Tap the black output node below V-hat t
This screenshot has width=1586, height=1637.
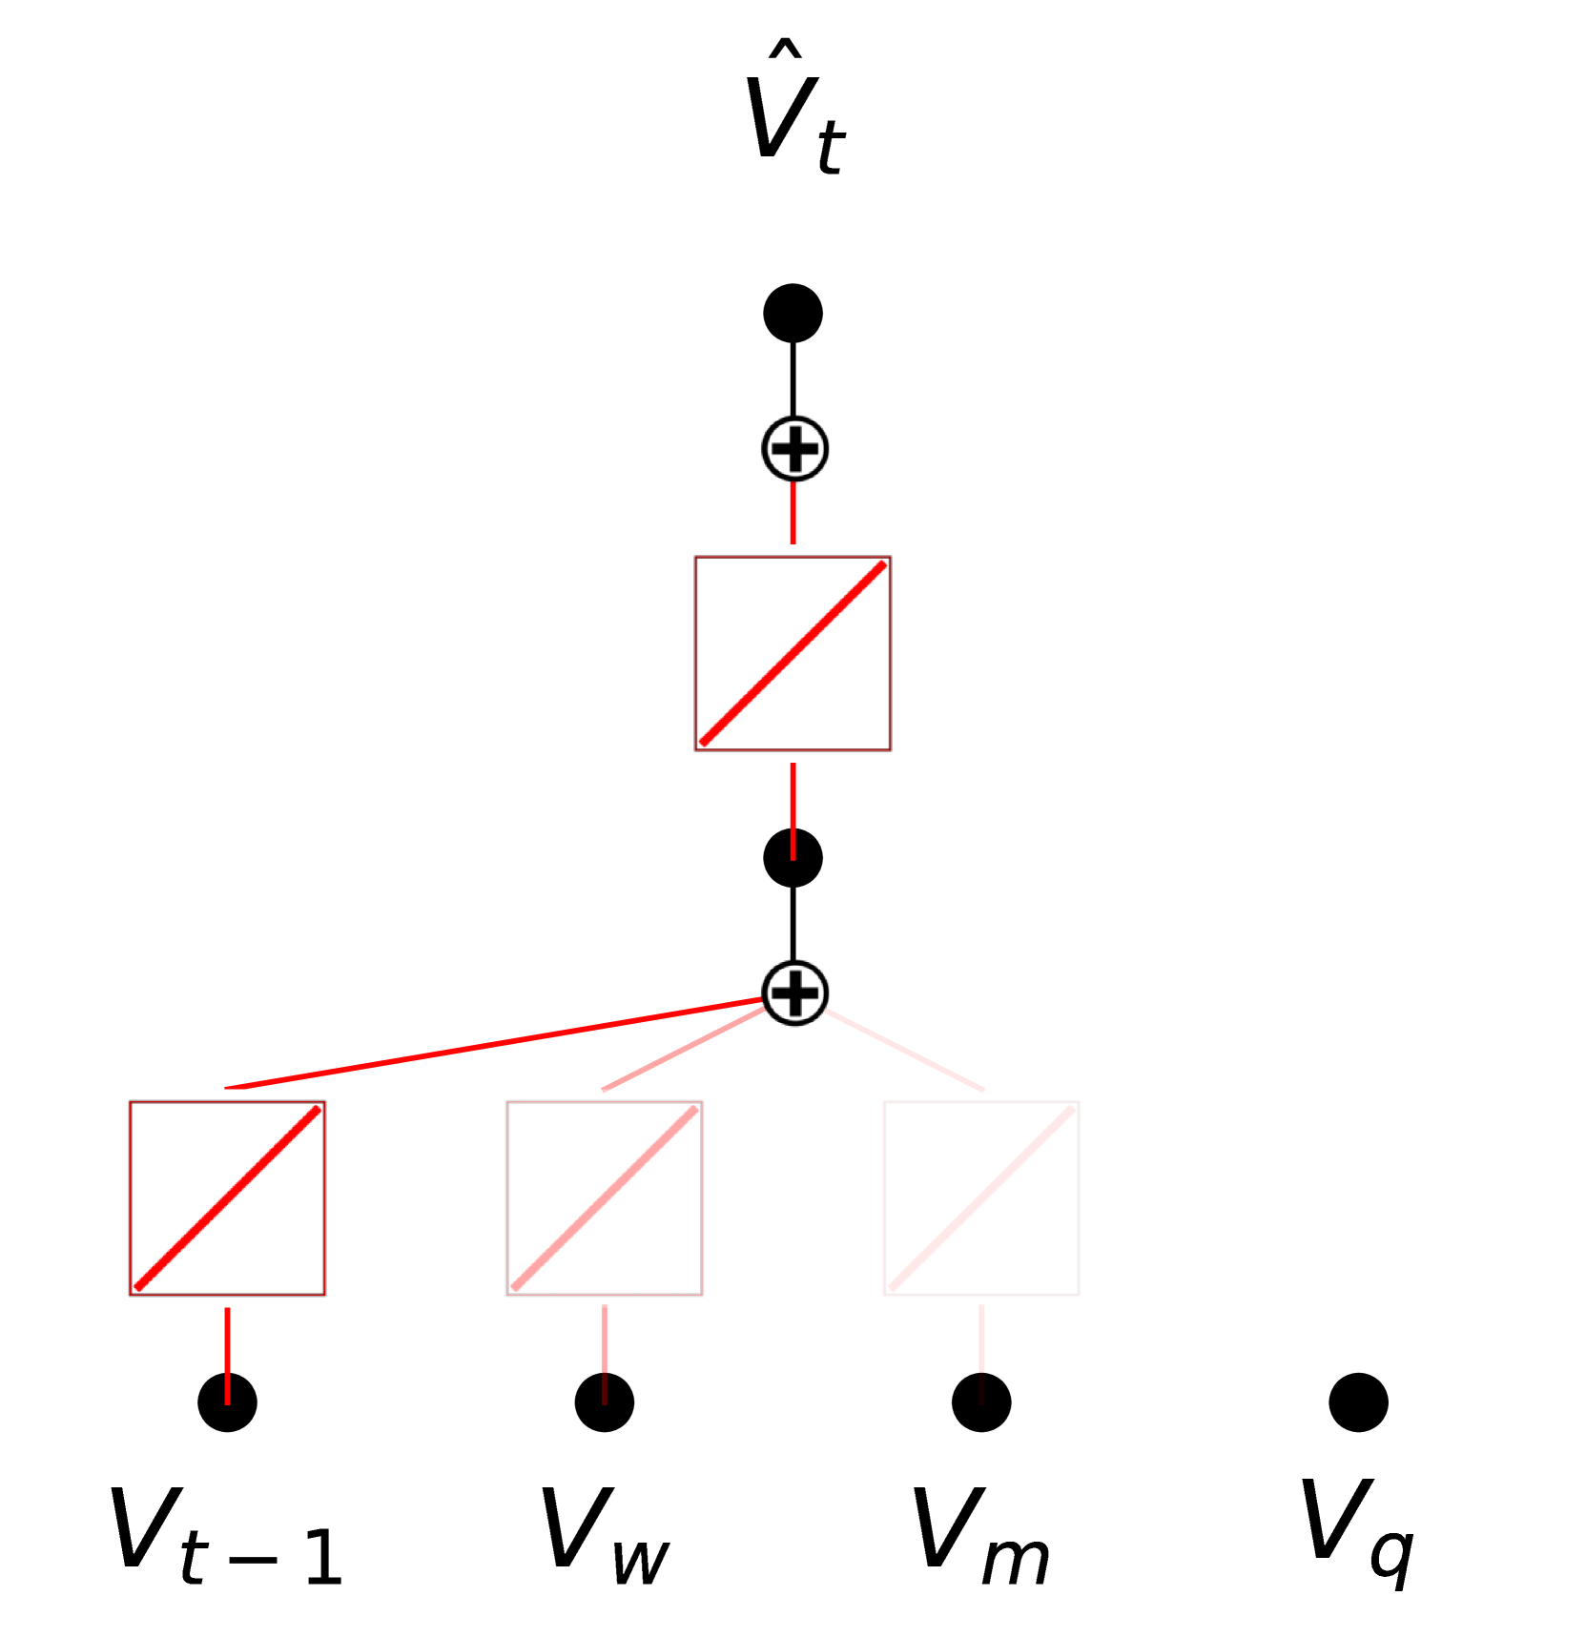click(793, 313)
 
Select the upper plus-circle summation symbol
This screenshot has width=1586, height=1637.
click(794, 449)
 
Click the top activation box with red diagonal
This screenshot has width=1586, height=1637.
click(793, 653)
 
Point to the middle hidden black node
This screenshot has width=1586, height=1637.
click(793, 858)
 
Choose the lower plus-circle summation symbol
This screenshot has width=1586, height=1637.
click(794, 992)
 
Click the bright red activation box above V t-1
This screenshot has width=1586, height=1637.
click(227, 1198)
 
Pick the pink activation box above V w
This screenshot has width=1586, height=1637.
click(605, 1198)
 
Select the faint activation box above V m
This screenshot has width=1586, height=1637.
click(981, 1198)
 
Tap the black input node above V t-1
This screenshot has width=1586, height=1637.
click(227, 1402)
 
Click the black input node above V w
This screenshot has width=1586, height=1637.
click(605, 1402)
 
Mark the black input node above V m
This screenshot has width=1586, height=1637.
click(981, 1402)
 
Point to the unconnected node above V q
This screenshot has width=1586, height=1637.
click(1358, 1402)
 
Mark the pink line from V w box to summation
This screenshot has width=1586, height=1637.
click(682, 1050)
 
